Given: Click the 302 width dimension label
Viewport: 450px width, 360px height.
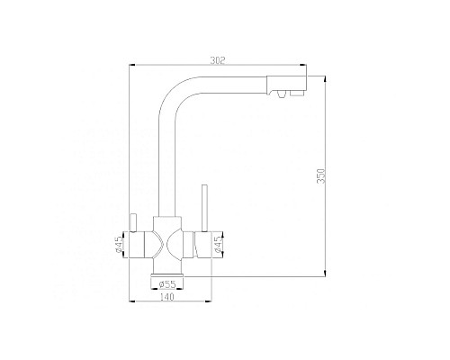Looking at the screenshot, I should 217,61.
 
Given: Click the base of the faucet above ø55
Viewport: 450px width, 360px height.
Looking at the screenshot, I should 167,269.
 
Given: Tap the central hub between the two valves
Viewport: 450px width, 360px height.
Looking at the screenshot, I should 167,241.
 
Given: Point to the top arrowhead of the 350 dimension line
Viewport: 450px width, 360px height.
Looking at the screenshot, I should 323,79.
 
